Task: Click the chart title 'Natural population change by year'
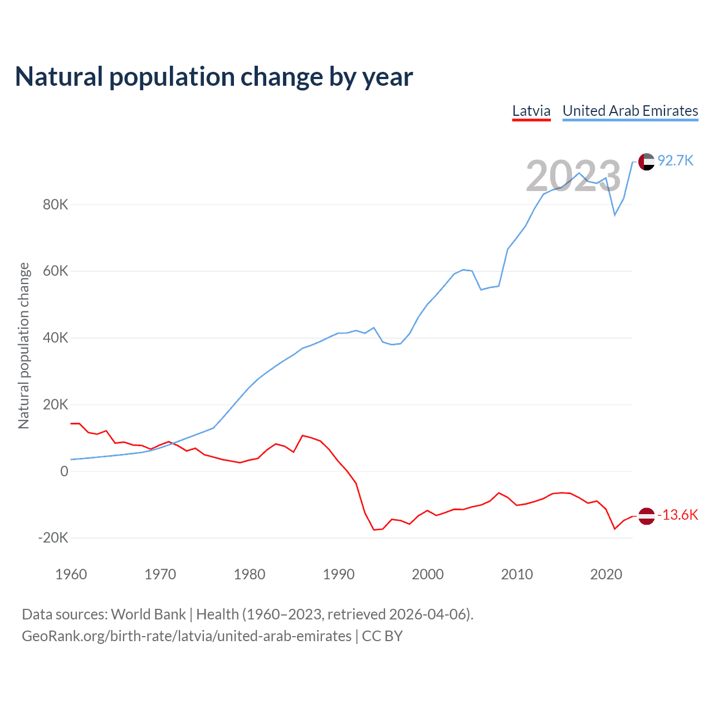coord(214,77)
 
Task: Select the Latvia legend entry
coord(531,111)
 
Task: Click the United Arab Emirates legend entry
coord(630,111)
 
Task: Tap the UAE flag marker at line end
coord(646,162)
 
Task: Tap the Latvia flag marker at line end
coord(646,516)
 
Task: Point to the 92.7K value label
coord(676,161)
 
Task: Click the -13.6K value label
coord(678,515)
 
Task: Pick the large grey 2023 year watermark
coord(573,176)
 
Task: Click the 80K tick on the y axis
coord(56,204)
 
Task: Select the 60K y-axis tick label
coord(56,271)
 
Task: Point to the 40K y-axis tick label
coord(56,338)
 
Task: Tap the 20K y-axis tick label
coord(56,404)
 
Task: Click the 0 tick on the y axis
coord(64,471)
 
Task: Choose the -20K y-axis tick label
coord(53,538)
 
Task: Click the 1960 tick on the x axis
coord(71,574)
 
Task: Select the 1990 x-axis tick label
coord(339,574)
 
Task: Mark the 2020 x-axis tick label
coord(606,574)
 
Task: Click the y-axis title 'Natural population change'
coord(24,346)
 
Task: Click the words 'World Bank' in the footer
coord(148,614)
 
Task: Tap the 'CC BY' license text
coord(382,636)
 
